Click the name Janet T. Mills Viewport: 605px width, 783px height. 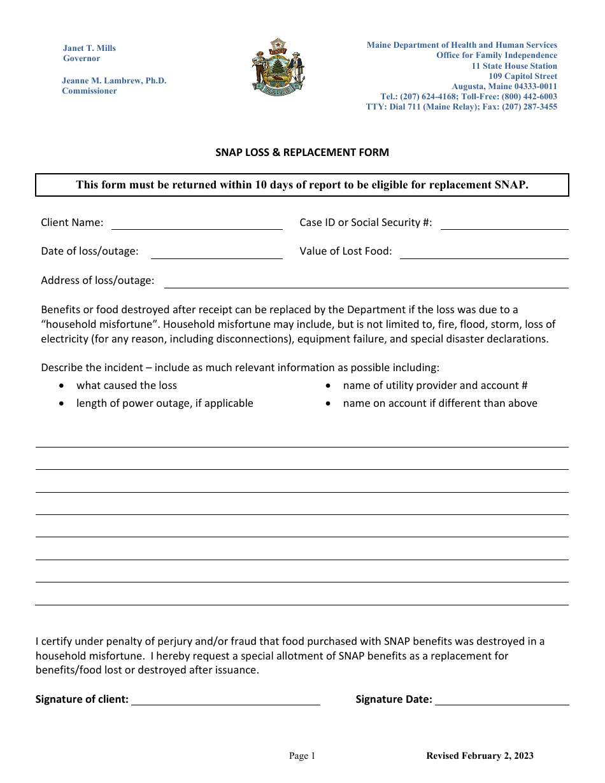[89, 48]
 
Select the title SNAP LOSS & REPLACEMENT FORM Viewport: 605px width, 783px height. [302, 153]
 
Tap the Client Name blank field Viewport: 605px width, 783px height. [197, 223]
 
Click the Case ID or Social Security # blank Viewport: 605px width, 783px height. [504, 223]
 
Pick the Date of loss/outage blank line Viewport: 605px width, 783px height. [217, 253]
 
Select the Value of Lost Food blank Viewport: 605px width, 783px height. [484, 253]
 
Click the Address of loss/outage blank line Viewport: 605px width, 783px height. [366, 282]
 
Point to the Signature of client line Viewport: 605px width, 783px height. [225, 700]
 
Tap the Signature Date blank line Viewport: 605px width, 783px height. [502, 700]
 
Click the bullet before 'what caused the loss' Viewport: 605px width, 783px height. [61, 386]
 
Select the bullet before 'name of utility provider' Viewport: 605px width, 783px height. [328, 386]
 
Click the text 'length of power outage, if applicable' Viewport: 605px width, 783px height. [165, 404]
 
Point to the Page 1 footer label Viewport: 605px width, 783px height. [302, 756]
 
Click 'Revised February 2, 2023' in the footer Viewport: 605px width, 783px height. [480, 756]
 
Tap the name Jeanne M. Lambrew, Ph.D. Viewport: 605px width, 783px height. [114, 81]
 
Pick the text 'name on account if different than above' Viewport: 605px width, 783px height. [440, 404]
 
